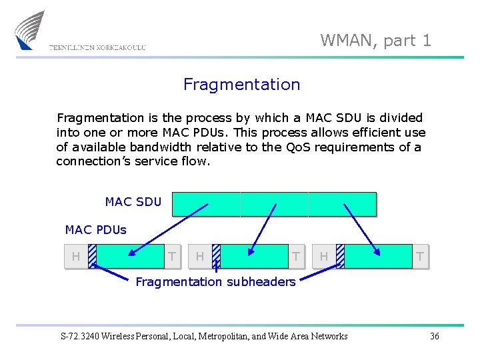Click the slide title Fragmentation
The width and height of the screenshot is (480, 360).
(241, 85)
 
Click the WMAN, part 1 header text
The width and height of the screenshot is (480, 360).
(376, 41)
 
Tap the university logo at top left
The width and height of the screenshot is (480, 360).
(31, 30)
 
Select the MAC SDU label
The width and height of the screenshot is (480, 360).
(133, 202)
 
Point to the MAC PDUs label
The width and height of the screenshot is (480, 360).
(96, 230)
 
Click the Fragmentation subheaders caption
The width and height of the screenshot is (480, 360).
(215, 282)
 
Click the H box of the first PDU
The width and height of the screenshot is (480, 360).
(76, 257)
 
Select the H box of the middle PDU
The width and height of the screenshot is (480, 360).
(200, 257)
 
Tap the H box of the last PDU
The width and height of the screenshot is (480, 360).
(324, 257)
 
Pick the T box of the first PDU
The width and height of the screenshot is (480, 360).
(172, 257)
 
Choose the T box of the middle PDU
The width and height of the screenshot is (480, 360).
(295, 257)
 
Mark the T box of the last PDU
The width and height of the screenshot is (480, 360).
(420, 257)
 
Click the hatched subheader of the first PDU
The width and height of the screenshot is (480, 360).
(92, 257)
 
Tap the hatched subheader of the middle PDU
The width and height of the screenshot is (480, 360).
(216, 257)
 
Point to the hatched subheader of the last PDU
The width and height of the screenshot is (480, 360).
(340, 257)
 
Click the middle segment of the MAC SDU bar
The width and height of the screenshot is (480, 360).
(274, 204)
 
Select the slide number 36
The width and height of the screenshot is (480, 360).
(434, 336)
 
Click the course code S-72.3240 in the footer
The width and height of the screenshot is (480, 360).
(83, 336)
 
